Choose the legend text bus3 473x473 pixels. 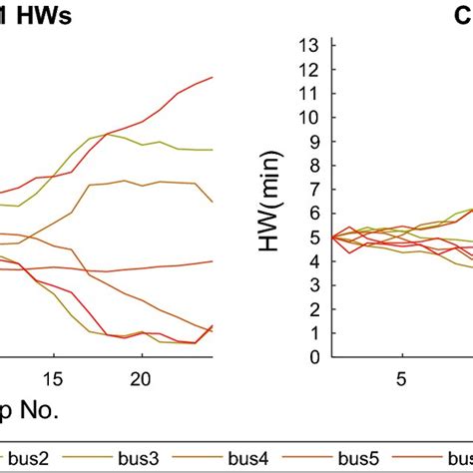tap(135, 458)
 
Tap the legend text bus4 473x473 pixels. tap(248, 458)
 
